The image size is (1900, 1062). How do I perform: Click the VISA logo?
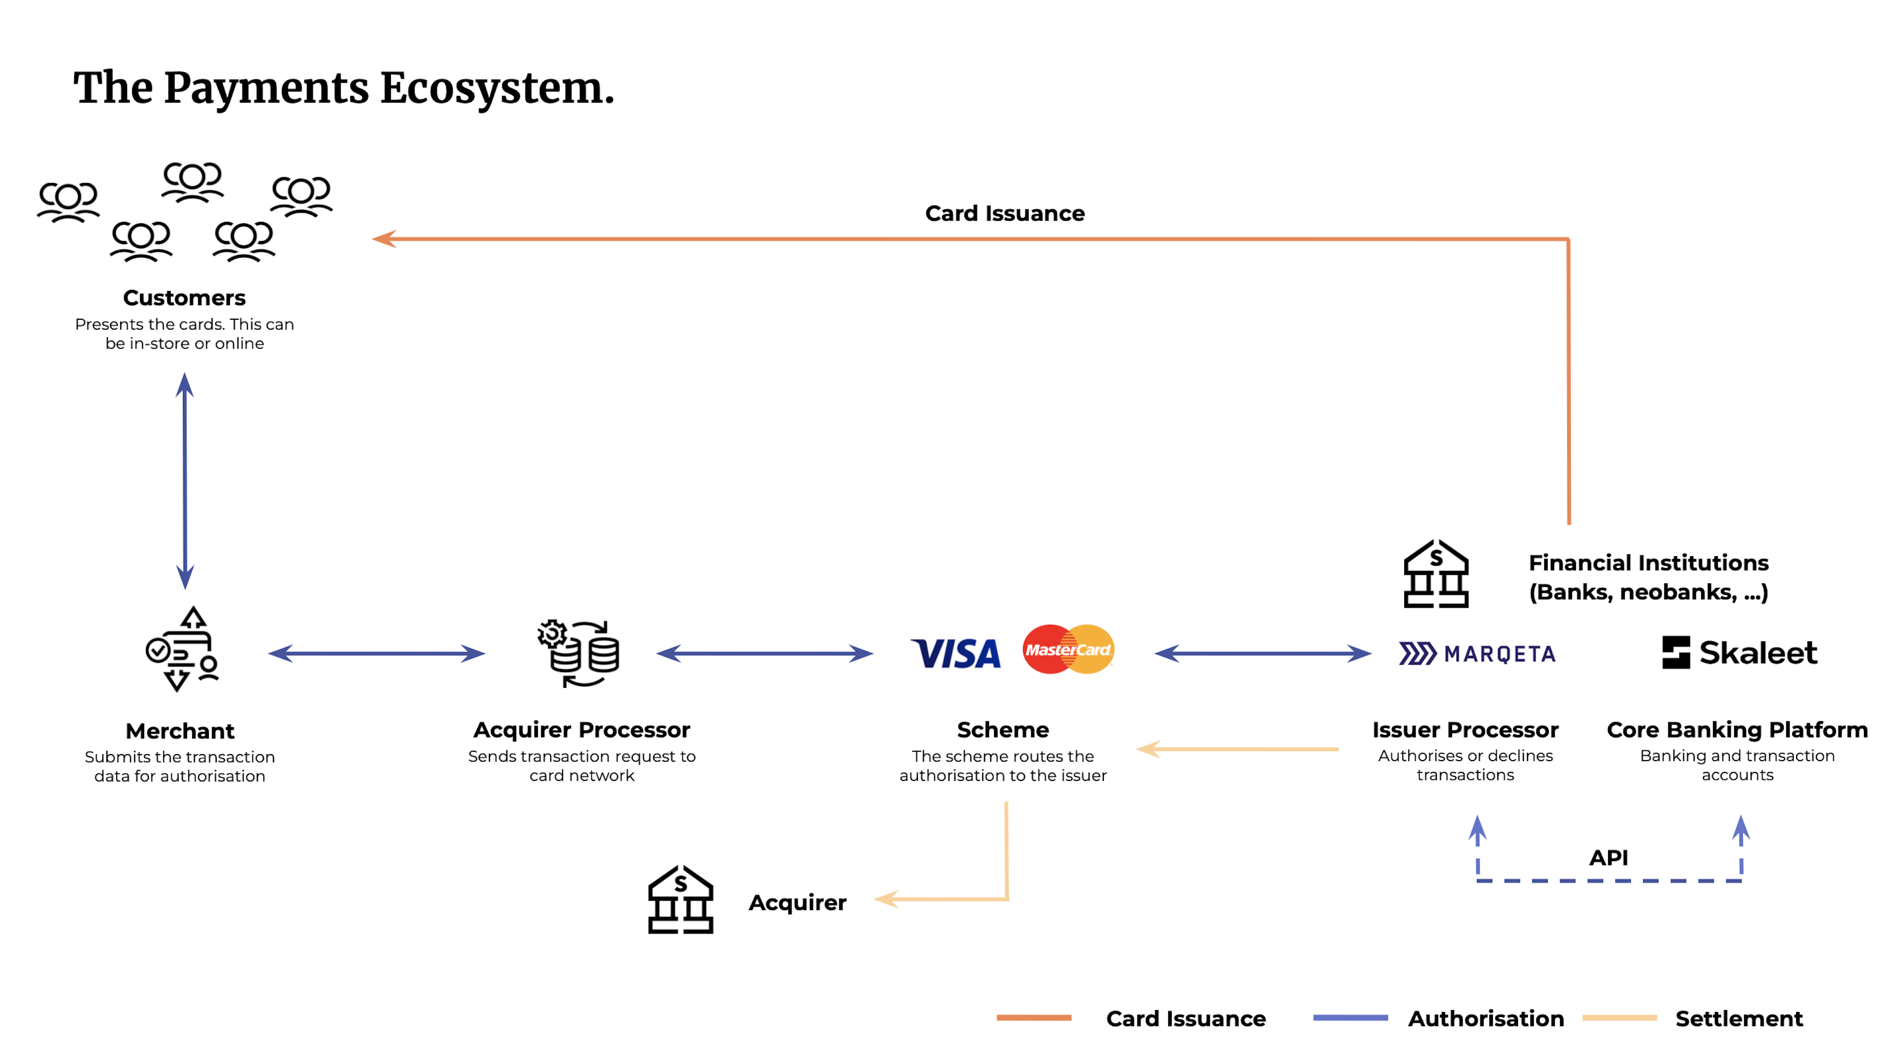click(x=956, y=653)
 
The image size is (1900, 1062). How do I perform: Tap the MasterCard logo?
click(x=1068, y=649)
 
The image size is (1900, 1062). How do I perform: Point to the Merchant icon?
click(x=182, y=649)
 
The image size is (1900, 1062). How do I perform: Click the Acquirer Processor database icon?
click(x=579, y=653)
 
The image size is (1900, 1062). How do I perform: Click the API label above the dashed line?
click(x=1608, y=858)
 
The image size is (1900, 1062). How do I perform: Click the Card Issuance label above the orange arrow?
click(x=1004, y=213)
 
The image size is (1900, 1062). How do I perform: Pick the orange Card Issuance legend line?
click(x=1033, y=1018)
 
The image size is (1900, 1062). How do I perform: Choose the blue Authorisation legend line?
click(x=1350, y=1018)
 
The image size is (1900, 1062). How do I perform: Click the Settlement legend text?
click(x=1739, y=1018)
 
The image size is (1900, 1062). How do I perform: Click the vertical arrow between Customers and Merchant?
click(x=185, y=481)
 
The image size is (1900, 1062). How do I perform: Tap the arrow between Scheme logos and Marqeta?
click(x=1262, y=653)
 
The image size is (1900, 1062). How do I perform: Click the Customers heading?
click(x=185, y=298)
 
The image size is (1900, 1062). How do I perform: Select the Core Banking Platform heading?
click(x=1737, y=729)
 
